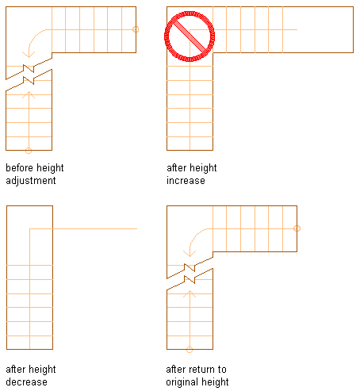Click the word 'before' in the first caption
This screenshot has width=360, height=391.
tap(20, 168)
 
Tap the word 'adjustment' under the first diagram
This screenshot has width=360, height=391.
tap(31, 181)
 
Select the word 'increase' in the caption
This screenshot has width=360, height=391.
tap(186, 181)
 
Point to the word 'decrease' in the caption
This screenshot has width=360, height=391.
tap(26, 382)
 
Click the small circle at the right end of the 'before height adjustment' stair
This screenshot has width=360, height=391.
tap(136, 29)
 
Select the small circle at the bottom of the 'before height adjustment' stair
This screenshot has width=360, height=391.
tap(29, 151)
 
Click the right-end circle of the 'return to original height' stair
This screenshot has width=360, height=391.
tap(297, 228)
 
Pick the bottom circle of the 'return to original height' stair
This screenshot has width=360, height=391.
tap(190, 350)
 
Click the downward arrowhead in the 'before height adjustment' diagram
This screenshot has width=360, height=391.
tap(29, 55)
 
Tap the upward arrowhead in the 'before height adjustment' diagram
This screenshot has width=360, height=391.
tap(29, 94)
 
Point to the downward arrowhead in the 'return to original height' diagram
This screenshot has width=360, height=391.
tap(190, 254)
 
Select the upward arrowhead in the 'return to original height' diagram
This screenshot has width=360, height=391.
tap(190, 293)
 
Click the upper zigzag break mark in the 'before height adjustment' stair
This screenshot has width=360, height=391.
tap(29, 68)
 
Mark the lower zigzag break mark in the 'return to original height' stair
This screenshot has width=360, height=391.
tap(190, 279)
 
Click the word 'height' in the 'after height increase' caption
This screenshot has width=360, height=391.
tap(203, 168)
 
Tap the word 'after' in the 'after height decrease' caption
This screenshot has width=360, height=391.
tap(15, 370)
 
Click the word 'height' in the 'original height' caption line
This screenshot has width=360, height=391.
tap(215, 382)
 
